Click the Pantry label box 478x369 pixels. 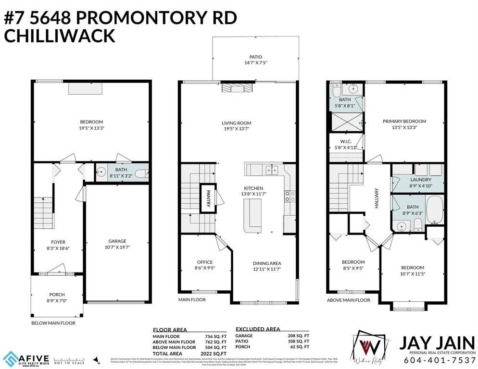coord(209,197)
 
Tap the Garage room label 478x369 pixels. coord(117,241)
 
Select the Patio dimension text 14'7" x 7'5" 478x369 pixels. coord(255,62)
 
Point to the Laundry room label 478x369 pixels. coord(417,179)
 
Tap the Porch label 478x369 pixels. coord(57,295)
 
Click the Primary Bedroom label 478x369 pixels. coord(404,122)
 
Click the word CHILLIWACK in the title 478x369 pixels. coord(60,36)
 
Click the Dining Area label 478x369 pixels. coord(267,263)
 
